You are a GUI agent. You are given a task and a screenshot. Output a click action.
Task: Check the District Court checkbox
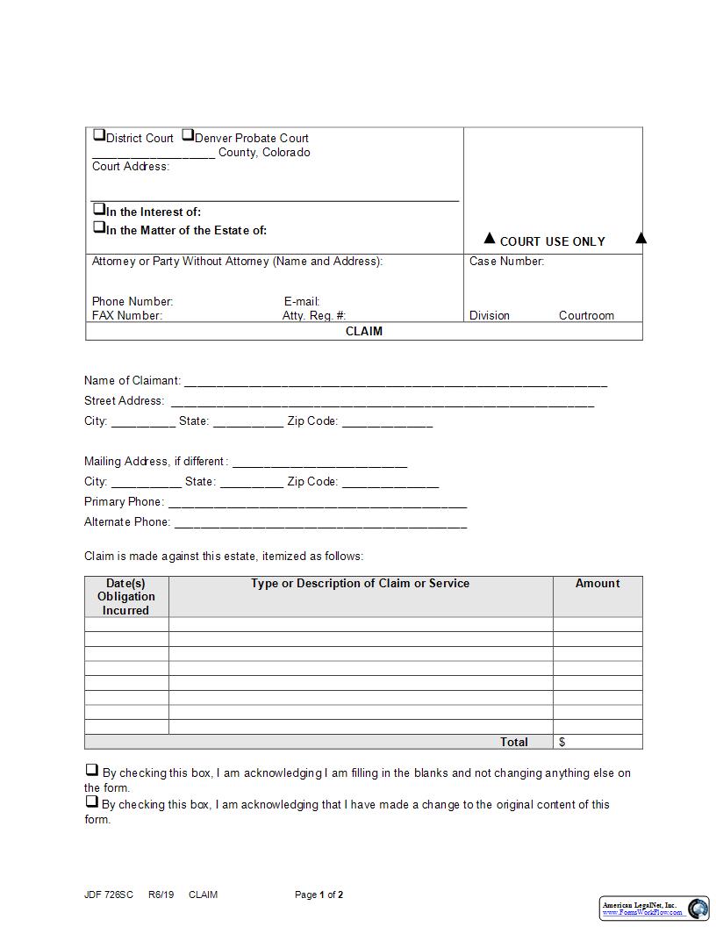[99, 136]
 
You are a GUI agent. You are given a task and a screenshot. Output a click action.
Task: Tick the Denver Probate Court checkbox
[188, 136]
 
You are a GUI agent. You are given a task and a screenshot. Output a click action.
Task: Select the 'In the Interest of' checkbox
[99, 210]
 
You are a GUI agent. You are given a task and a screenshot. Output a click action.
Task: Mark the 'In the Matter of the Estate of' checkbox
[99, 227]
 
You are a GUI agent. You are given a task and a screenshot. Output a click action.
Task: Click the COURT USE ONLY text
[552, 241]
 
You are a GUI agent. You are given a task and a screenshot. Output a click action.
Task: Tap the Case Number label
[506, 262]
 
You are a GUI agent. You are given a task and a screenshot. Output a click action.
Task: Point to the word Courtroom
[586, 316]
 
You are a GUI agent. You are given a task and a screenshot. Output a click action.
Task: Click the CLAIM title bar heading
[364, 332]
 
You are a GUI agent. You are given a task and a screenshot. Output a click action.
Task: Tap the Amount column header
[598, 584]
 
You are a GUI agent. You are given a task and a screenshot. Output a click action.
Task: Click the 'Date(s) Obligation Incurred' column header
[126, 597]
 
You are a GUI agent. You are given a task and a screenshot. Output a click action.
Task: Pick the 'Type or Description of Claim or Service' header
[360, 584]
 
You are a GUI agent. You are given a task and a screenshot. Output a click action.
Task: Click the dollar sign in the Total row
[562, 743]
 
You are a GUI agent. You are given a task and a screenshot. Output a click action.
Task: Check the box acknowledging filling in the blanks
[91, 771]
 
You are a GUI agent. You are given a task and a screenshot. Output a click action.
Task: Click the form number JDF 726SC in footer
[109, 895]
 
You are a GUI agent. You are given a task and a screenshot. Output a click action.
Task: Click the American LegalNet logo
[655, 909]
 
